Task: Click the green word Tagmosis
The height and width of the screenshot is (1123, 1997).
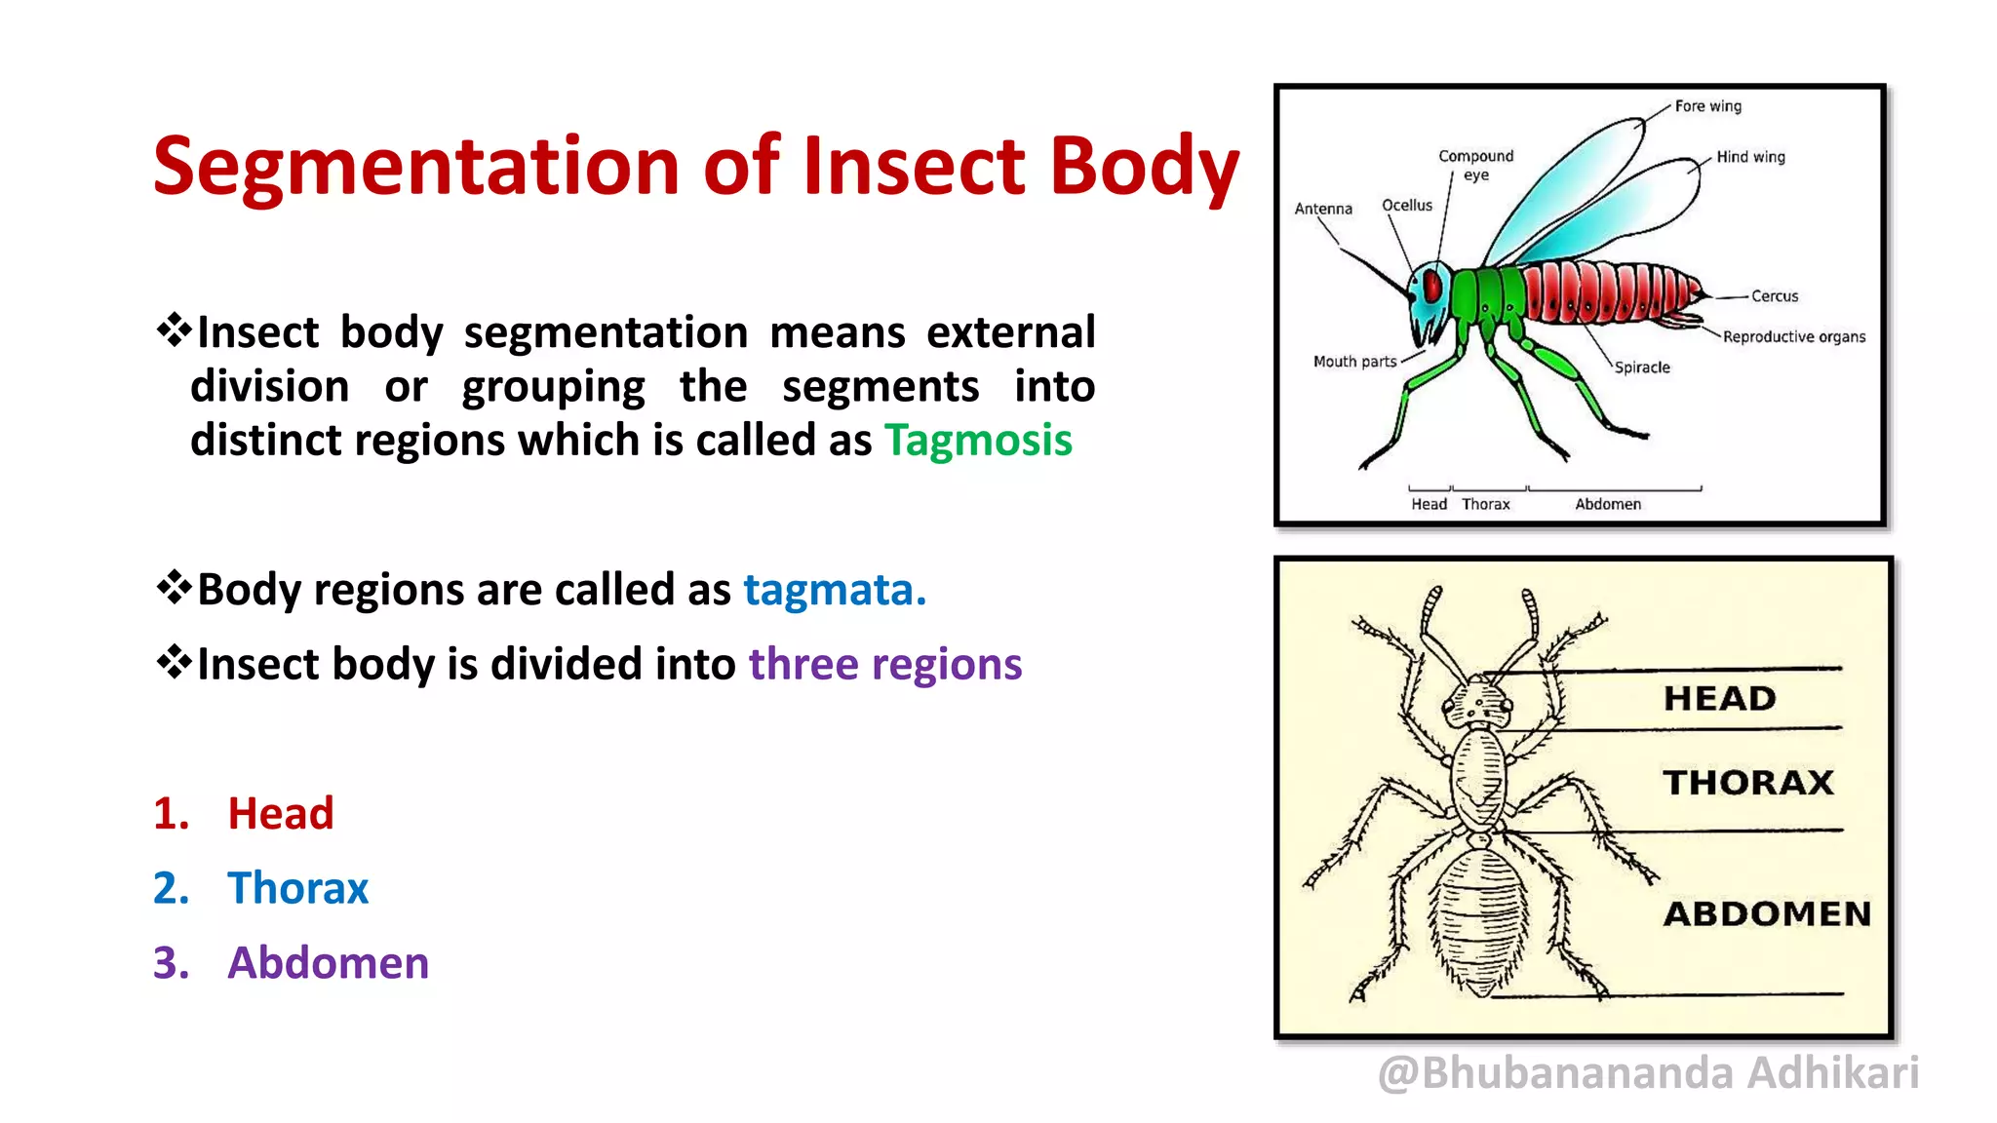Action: click(978, 441)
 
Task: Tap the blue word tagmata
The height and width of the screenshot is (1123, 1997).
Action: click(834, 590)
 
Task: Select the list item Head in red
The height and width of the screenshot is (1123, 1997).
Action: click(281, 813)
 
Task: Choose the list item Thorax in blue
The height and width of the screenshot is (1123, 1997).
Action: click(297, 888)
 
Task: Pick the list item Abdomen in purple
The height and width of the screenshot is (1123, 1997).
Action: click(328, 963)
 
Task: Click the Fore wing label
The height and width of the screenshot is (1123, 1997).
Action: click(1707, 106)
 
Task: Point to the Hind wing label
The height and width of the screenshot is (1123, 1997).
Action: click(1750, 157)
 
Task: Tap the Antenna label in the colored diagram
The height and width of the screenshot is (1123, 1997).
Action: click(1323, 209)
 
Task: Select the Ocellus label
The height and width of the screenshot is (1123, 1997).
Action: click(1407, 206)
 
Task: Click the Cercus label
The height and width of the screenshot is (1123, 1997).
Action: click(1774, 296)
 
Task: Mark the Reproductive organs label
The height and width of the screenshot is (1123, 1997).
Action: click(1793, 337)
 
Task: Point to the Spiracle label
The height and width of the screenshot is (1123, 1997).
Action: click(1642, 368)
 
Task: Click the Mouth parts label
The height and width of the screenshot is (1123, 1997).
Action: click(1354, 362)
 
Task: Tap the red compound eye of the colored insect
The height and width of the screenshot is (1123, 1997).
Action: click(1432, 287)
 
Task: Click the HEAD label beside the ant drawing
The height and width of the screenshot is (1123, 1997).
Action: click(1720, 699)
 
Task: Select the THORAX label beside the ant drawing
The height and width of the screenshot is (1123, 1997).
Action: click(1748, 783)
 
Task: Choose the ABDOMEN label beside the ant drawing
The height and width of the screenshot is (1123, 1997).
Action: click(1767, 914)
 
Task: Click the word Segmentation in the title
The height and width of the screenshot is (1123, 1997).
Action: click(416, 166)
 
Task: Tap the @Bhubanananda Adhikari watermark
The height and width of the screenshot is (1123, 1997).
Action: click(1648, 1073)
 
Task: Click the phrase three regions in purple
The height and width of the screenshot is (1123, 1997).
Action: click(885, 665)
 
